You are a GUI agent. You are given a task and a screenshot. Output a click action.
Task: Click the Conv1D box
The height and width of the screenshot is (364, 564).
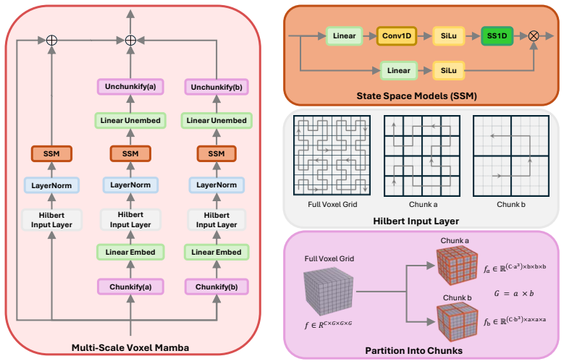point(396,36)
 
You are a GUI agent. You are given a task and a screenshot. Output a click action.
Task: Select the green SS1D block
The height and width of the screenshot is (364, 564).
point(497,36)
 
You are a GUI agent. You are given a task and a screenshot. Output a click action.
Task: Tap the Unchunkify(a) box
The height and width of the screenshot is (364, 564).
point(130,87)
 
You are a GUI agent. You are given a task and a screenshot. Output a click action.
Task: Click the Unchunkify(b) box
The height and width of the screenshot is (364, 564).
point(216,87)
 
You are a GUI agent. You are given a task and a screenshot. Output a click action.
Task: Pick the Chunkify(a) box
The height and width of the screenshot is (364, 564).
point(130,287)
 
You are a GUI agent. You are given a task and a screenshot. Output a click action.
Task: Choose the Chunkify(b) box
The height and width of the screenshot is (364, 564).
point(216,287)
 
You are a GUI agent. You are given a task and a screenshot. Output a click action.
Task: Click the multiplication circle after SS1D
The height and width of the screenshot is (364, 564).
point(534,36)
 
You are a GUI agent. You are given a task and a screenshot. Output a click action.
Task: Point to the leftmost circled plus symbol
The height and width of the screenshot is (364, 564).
point(52,41)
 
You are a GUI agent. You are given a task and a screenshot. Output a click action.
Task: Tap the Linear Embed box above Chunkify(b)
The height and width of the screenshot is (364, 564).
point(216,252)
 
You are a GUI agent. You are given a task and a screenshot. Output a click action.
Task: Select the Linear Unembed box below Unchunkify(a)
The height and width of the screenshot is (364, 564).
point(130,121)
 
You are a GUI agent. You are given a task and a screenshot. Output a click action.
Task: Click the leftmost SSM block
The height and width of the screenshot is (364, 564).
point(51,153)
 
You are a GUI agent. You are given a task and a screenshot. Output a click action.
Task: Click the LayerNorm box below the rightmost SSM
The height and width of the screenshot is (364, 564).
point(216,185)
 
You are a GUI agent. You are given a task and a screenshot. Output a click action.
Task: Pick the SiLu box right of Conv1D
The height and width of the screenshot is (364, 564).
point(449,36)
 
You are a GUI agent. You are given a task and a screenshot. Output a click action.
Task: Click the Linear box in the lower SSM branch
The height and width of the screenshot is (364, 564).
point(398,70)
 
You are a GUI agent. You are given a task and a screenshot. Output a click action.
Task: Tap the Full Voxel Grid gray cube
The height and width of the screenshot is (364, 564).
point(328,292)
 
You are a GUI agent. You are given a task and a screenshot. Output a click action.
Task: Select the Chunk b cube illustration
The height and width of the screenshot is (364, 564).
point(457,321)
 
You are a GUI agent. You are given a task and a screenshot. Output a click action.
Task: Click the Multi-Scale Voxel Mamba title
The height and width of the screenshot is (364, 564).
point(130,347)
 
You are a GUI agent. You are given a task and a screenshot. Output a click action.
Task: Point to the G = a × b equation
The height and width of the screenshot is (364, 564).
point(513,294)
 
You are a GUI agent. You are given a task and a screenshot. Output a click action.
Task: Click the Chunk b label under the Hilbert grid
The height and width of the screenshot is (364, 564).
point(510,204)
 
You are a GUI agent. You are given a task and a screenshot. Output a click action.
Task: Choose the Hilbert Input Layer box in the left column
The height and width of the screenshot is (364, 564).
point(51,220)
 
